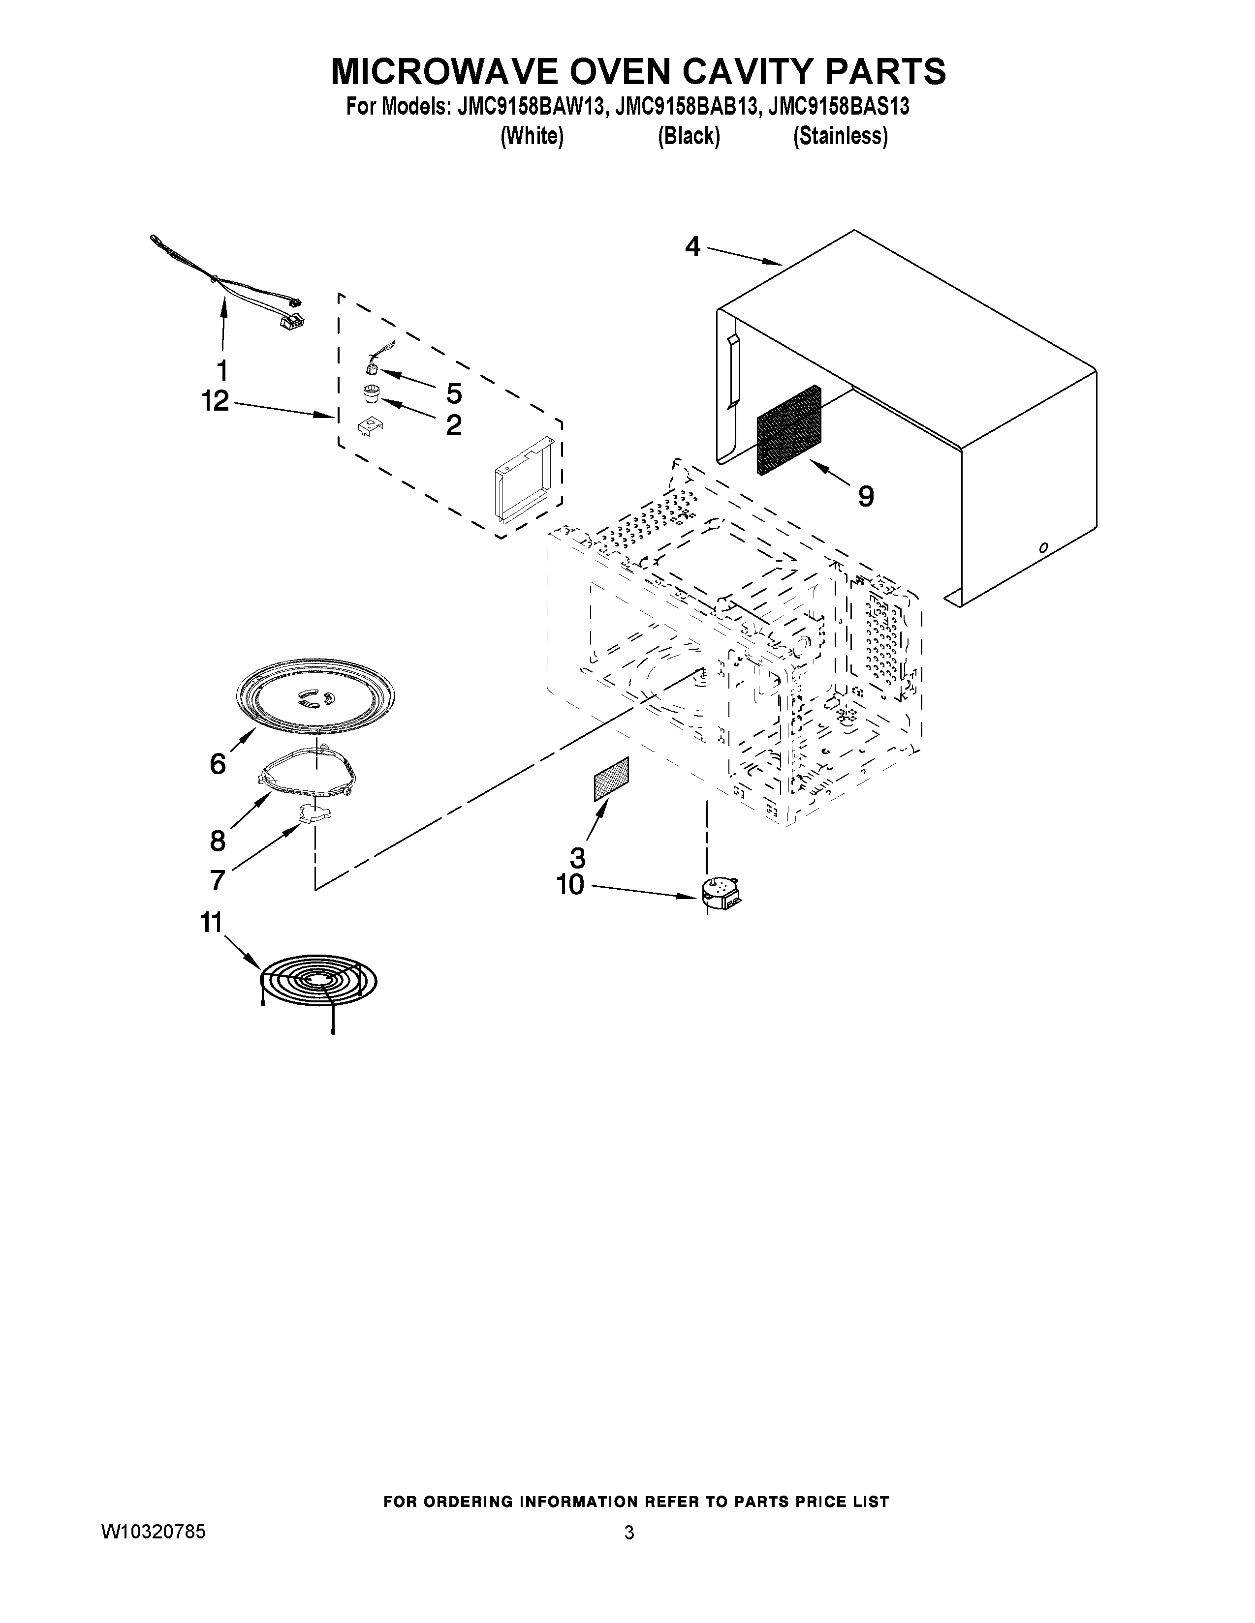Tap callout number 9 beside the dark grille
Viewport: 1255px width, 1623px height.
865,496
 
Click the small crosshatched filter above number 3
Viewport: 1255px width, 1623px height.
611,779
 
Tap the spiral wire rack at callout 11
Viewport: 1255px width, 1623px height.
318,982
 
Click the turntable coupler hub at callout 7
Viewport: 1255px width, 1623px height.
314,813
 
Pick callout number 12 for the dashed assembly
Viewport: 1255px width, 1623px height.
215,402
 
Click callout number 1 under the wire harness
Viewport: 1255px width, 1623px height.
221,370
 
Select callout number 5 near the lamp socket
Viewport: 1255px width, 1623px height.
454,393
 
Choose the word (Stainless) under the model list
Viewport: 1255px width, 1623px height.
840,137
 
